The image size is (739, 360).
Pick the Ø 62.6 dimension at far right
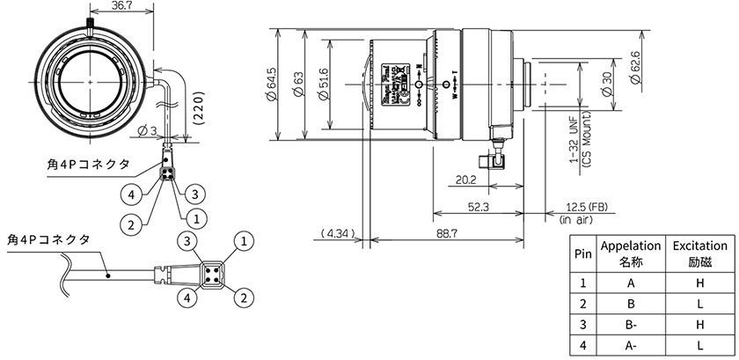tap(635, 64)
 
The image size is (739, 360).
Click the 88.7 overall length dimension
tap(445, 234)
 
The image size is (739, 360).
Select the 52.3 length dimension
tap(478, 208)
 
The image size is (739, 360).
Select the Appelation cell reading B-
tap(629, 325)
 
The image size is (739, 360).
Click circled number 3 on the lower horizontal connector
tap(187, 241)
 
